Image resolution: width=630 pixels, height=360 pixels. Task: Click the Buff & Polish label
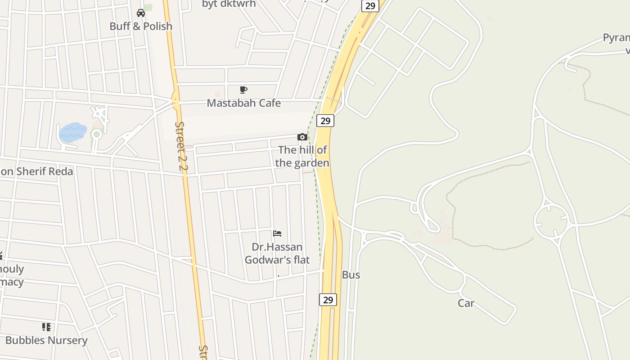coord(141,26)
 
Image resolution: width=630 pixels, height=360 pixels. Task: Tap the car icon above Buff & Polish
coord(141,13)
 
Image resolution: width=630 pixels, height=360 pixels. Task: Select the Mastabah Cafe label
coord(243,103)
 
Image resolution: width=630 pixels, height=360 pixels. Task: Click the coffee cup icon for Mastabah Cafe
coord(243,90)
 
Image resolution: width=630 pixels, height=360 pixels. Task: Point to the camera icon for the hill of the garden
coord(302,137)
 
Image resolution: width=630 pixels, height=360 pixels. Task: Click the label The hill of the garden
coord(302,156)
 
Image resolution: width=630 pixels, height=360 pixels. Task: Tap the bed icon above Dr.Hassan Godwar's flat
coord(277,233)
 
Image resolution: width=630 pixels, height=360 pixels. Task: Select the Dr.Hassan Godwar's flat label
coord(277,253)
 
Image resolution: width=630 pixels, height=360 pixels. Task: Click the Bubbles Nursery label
coord(46,340)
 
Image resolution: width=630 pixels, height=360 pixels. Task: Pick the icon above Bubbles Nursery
coord(46,327)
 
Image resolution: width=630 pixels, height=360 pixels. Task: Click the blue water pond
coord(72,132)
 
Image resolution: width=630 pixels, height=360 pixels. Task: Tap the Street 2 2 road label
coord(181,146)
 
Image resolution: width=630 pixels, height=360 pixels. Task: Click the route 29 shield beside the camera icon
coord(325,121)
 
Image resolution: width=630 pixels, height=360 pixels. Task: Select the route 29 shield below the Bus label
coord(328,300)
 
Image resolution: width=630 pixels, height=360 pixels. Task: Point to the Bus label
coord(351,275)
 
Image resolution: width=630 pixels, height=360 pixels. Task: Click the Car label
coord(466,303)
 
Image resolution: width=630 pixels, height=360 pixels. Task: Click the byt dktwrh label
coord(229,4)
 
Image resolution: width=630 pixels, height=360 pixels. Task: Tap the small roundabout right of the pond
coord(96,134)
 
